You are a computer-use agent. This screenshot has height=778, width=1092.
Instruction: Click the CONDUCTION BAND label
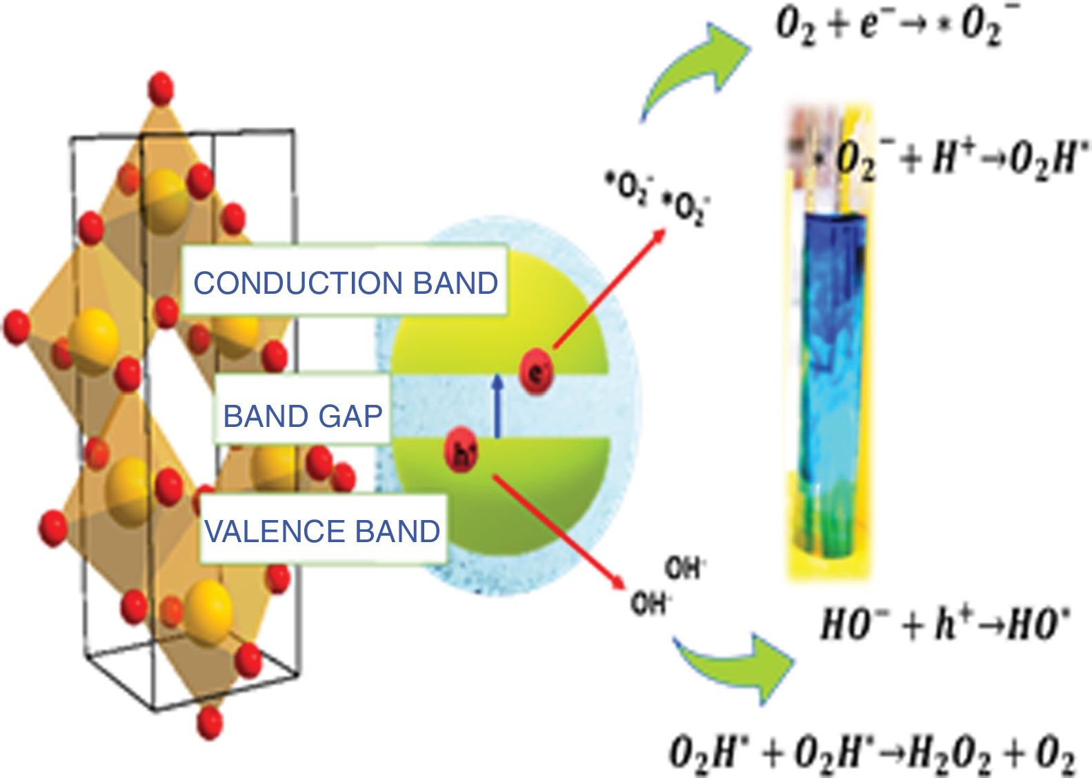(x=345, y=283)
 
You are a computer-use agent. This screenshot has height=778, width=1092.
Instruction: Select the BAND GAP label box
(x=303, y=416)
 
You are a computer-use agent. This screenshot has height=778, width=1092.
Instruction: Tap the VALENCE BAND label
(x=322, y=531)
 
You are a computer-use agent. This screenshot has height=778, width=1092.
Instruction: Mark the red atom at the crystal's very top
(x=161, y=88)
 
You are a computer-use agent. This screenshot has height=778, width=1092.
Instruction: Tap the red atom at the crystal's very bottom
(x=210, y=722)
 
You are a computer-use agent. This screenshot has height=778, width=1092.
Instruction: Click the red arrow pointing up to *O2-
(x=607, y=290)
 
